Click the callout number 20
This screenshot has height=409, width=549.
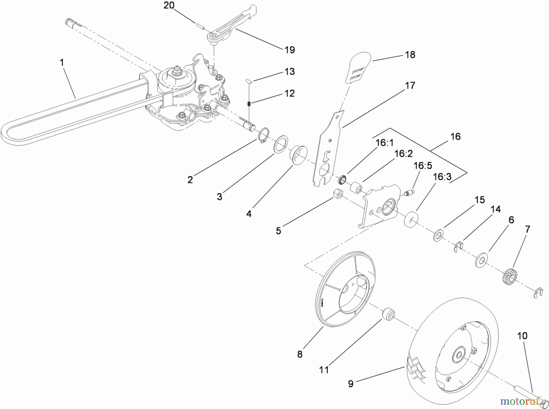tap(169, 5)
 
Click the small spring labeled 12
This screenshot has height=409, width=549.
tap(249, 104)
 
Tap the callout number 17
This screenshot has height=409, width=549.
tap(410, 85)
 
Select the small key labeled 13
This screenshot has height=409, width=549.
tap(249, 81)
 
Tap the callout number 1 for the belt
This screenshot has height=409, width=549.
tap(62, 63)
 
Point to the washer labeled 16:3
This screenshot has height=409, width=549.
tap(411, 219)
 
